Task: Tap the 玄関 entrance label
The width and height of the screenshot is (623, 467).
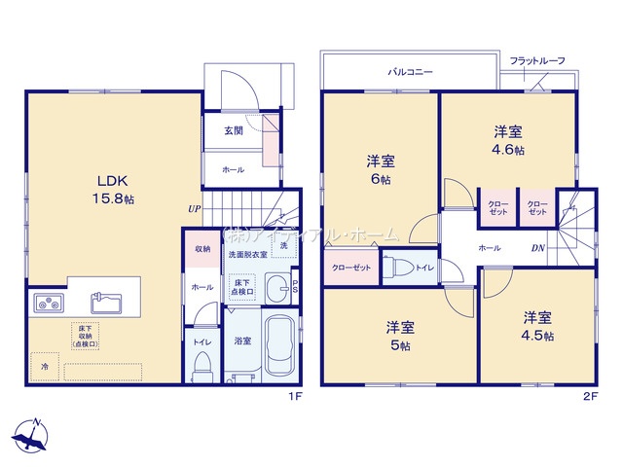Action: click(233, 131)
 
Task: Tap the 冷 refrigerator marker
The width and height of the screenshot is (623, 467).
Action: click(44, 367)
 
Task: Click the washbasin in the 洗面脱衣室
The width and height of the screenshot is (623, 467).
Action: click(279, 288)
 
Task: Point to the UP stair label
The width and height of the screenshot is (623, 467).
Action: click(195, 207)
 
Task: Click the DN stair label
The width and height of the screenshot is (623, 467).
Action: click(537, 248)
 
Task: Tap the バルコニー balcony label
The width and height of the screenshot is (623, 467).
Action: click(411, 73)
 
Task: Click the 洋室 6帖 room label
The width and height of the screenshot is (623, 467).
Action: click(381, 168)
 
